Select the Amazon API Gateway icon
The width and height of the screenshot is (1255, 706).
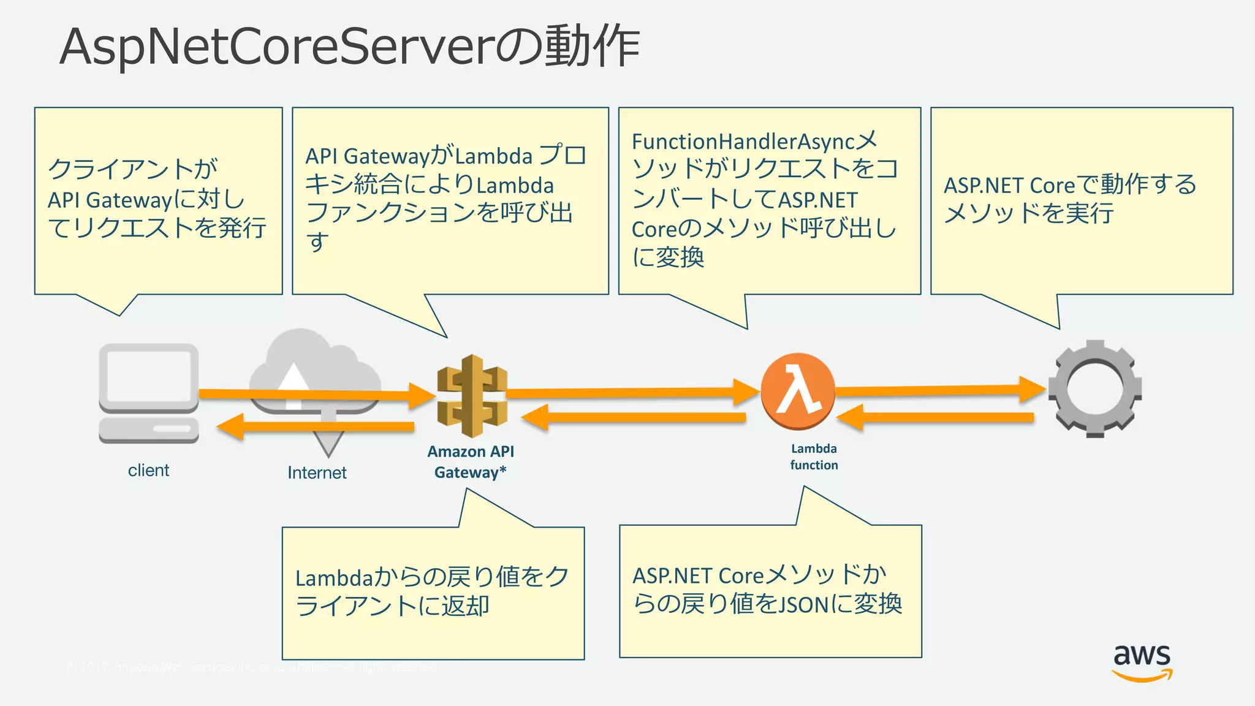[472, 396]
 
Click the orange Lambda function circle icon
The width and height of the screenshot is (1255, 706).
[797, 391]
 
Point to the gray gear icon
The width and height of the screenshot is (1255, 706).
[1094, 389]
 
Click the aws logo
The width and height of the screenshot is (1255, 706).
[1142, 662]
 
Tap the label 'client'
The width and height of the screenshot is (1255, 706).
[148, 470]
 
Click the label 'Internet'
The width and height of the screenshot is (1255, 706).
[317, 473]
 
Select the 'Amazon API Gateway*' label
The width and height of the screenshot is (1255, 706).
[471, 461]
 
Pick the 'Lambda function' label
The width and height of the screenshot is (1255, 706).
[814, 457]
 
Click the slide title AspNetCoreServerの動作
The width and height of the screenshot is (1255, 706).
[349, 47]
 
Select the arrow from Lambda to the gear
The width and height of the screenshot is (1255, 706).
[938, 390]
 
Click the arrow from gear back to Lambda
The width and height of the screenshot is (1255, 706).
[938, 418]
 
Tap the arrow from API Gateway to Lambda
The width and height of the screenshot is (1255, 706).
[631, 392]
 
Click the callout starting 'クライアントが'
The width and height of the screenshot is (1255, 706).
[158, 200]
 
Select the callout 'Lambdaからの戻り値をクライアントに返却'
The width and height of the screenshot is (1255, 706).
[433, 592]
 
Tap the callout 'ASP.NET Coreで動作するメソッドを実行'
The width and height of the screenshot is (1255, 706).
[1081, 200]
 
